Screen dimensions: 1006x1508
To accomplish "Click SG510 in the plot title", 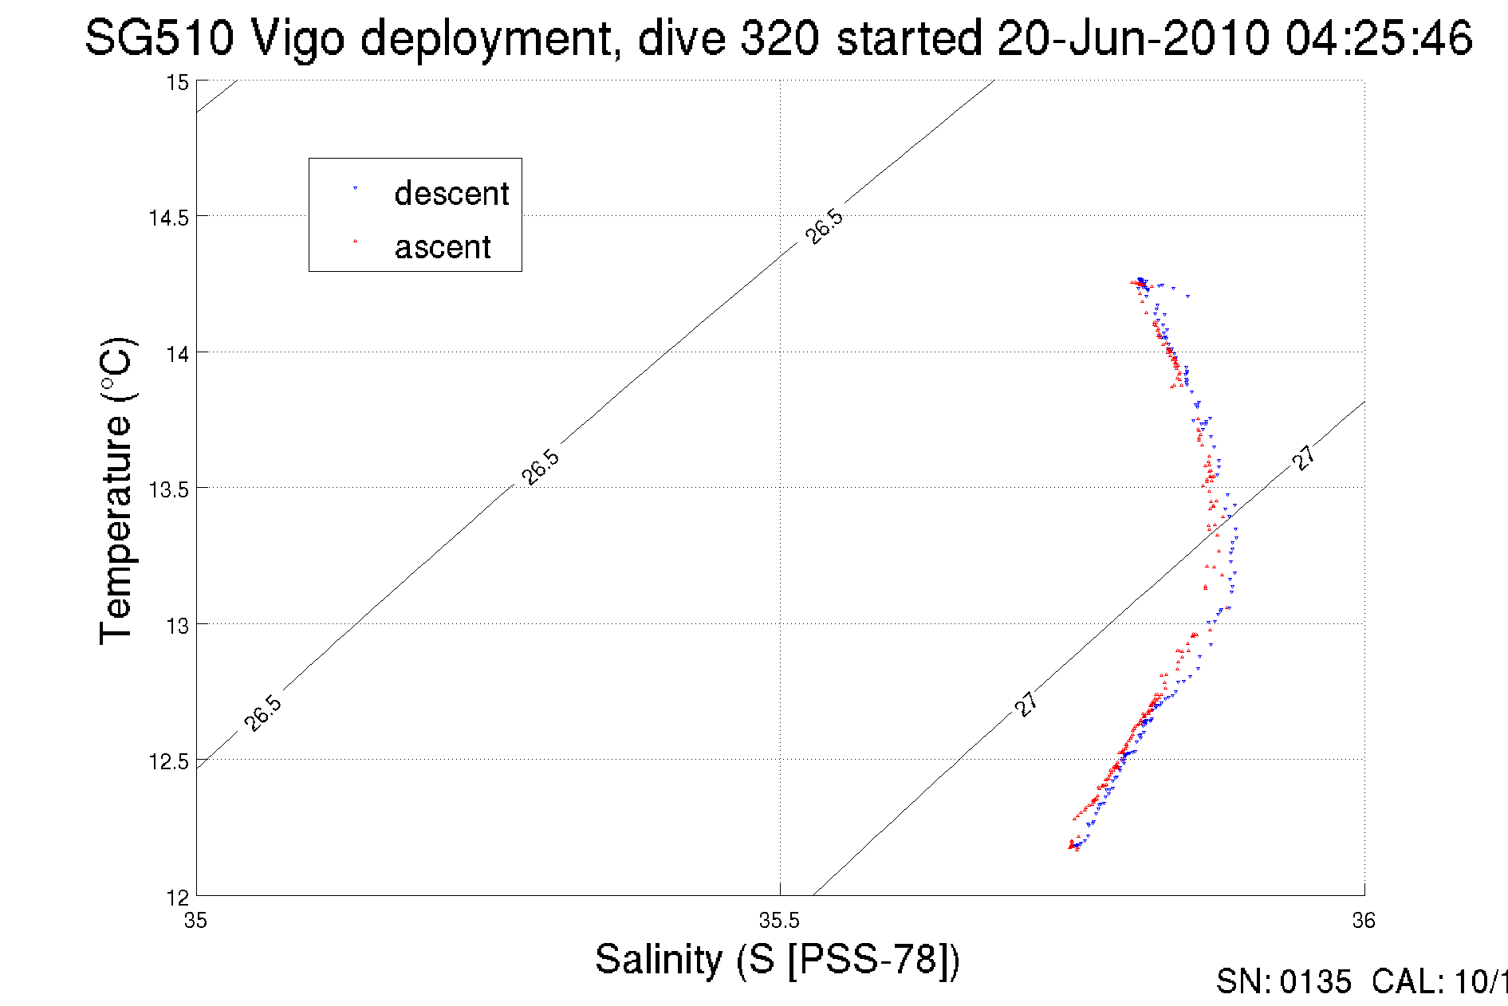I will click(159, 37).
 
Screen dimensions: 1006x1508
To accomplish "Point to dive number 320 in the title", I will click(778, 37).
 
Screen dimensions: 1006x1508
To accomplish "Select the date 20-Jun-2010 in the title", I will click(1132, 37).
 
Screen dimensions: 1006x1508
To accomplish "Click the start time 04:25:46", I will click(1378, 37).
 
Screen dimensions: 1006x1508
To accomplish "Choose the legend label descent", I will click(451, 194).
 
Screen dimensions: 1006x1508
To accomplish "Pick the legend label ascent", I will click(443, 247).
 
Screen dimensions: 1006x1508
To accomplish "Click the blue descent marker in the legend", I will click(355, 189).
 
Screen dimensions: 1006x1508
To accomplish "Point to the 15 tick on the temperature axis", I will click(177, 83).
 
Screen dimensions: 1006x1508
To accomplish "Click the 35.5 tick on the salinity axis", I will click(779, 922).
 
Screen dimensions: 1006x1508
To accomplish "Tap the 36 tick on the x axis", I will click(1364, 922).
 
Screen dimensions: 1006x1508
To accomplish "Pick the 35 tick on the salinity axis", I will click(195, 922).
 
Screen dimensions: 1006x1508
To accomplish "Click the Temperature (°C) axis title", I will click(116, 491).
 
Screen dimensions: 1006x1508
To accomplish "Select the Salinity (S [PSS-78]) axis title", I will click(778, 959).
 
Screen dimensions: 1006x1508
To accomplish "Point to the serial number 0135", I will click(1315, 982).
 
